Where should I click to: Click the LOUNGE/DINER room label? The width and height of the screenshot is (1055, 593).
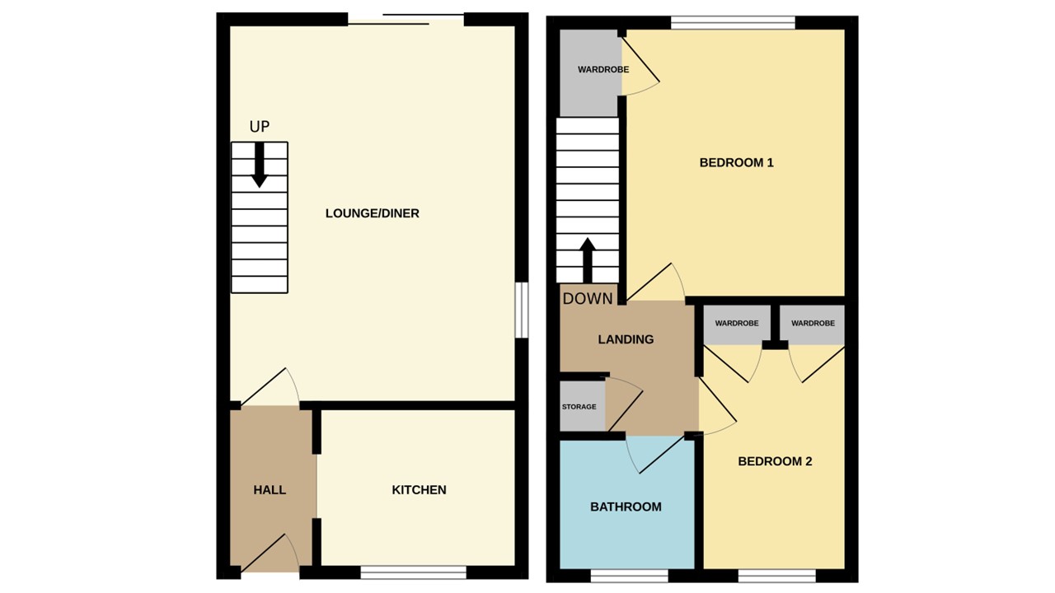(372, 213)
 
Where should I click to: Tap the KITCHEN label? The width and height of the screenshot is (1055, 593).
(419, 490)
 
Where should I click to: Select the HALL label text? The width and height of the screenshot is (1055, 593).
(270, 490)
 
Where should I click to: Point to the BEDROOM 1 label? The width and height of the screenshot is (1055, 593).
(736, 163)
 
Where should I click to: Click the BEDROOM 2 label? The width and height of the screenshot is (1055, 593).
(775, 461)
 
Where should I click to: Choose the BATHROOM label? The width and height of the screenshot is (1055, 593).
(626, 507)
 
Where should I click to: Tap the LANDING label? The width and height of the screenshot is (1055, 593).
(626, 339)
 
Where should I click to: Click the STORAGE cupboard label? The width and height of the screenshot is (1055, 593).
(579, 407)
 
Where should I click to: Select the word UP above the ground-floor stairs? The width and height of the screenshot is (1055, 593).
(260, 127)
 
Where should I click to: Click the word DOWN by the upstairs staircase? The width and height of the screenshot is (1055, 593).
(588, 299)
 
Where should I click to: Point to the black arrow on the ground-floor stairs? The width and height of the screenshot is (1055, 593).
(260, 165)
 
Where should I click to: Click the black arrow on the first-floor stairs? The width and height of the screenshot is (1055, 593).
(588, 260)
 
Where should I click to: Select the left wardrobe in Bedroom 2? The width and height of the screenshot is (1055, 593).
(736, 323)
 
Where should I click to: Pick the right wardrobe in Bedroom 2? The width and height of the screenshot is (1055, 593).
(813, 323)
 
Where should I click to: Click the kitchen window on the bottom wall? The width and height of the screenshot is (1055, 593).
(414, 572)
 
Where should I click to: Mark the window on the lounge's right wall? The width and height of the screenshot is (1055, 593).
(522, 311)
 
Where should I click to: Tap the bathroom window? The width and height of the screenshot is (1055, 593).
(629, 576)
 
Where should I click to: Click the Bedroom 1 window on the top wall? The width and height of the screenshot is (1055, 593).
(733, 23)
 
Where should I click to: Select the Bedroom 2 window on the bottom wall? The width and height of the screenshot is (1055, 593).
(777, 576)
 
